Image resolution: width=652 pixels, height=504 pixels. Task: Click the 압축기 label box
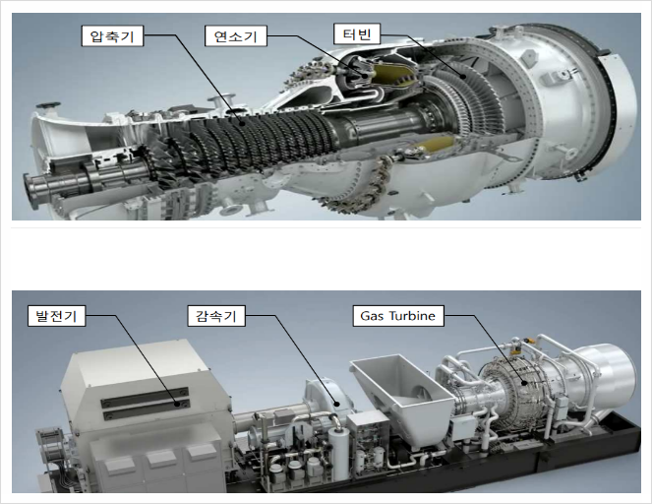point(112,36)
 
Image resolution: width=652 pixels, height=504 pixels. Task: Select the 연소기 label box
point(236,36)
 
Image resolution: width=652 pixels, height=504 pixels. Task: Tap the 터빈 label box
point(357,34)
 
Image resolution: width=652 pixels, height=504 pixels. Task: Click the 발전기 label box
point(57,316)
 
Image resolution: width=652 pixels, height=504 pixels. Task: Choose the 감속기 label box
point(216,316)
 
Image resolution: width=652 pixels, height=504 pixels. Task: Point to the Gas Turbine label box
point(398,316)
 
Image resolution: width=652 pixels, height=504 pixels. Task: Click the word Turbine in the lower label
point(412,316)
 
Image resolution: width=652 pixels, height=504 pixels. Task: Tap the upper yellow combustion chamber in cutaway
point(394,77)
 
